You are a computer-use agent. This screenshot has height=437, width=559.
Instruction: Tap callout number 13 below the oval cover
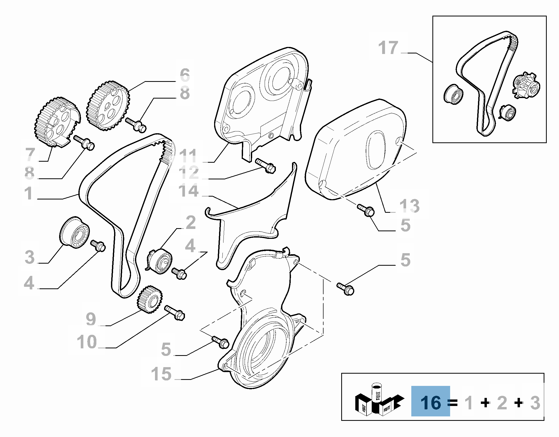[409, 206]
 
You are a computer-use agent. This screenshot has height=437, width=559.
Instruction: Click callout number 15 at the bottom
[161, 373]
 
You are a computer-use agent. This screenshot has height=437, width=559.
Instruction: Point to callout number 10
[87, 342]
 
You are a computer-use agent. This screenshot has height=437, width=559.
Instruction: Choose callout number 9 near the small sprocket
[91, 319]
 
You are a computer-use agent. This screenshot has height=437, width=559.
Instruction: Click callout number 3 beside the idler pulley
[30, 257]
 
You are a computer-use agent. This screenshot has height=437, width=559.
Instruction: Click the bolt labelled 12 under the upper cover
[265, 166]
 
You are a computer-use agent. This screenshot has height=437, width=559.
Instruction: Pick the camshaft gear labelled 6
[108, 106]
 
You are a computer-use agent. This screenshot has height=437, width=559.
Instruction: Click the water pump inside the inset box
[526, 86]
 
